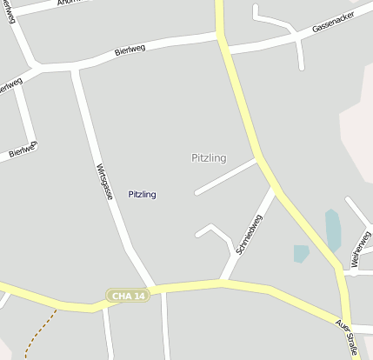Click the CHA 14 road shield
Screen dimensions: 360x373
point(128,296)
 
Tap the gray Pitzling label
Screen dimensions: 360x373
point(209,157)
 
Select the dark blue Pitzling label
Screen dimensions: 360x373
point(142,194)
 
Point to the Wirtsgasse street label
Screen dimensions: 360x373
point(103,182)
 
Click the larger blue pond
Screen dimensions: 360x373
point(333,230)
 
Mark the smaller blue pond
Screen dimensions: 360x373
point(301,253)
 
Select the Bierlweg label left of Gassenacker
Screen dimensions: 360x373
point(130,51)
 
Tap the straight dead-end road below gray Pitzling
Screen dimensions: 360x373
point(226,176)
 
